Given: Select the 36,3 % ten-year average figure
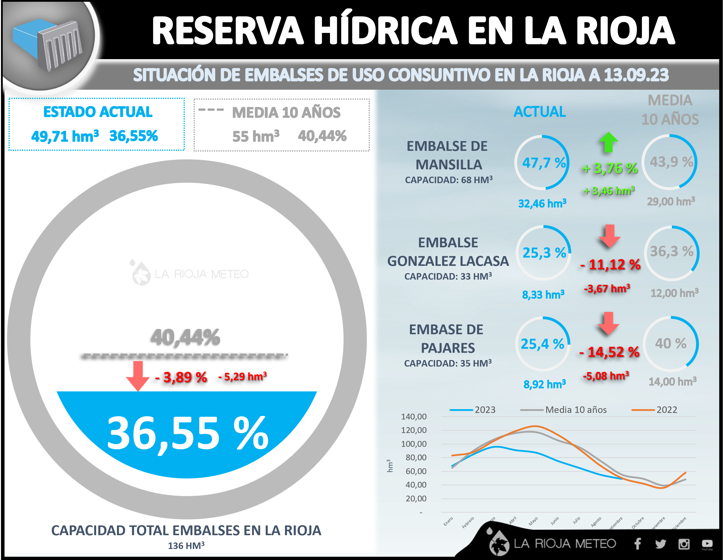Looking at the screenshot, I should point(672,251).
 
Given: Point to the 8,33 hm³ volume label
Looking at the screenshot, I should point(543,294).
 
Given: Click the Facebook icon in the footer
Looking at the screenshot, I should point(637,543).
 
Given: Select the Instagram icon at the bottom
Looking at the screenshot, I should point(684,544).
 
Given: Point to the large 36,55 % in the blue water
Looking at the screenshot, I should point(188,434).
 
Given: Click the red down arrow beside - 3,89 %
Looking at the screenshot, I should point(138,376).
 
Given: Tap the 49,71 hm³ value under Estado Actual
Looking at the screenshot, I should point(65,136).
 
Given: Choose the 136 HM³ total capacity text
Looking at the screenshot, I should point(186,545).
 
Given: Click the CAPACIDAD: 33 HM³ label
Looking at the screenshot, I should point(448,276).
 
